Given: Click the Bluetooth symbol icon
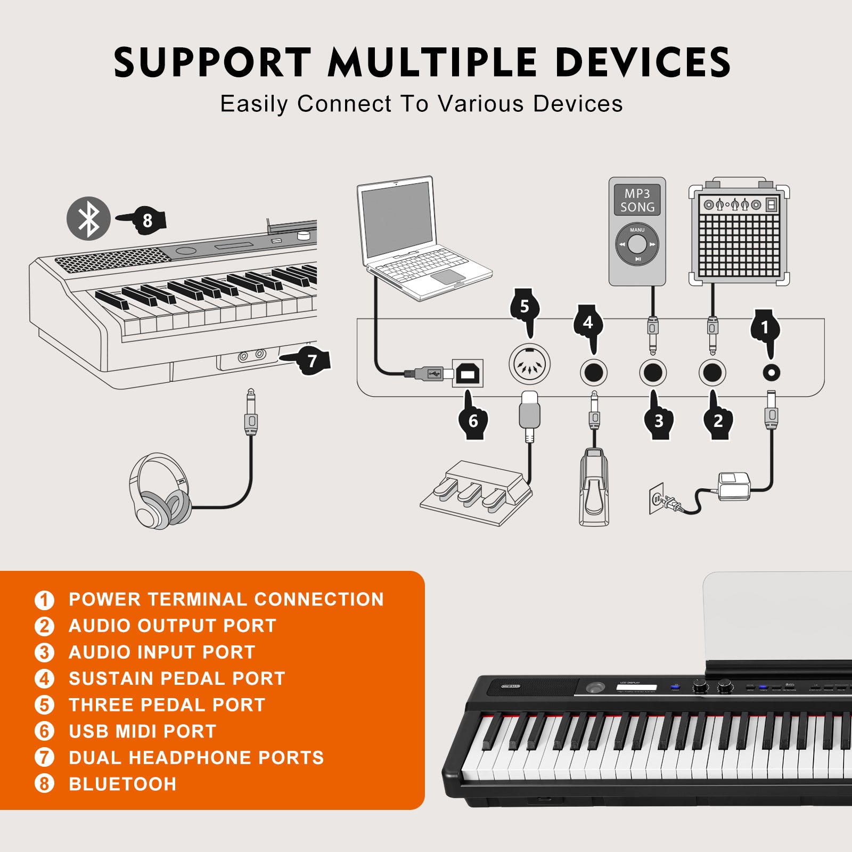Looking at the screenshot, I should (x=88, y=218).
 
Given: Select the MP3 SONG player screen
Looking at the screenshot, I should (x=637, y=200).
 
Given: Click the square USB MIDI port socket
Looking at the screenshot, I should (x=468, y=373).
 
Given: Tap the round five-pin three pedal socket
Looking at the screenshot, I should (x=529, y=364).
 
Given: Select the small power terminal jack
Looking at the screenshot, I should (x=771, y=372).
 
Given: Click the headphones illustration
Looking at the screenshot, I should (x=160, y=491).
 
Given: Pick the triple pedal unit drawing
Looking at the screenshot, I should (x=476, y=493).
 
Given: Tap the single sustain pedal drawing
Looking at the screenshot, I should (x=594, y=487).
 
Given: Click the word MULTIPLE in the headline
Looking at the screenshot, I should (x=432, y=63).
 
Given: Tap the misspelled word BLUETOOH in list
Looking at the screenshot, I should (x=122, y=784).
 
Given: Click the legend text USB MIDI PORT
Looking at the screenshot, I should (x=143, y=731).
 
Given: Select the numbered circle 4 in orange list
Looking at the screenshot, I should (x=44, y=678).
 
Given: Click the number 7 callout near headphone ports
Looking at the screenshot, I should (x=312, y=361).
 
